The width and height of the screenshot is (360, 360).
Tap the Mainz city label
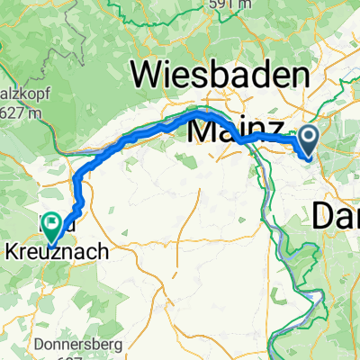pyautogui.click(x=237, y=131)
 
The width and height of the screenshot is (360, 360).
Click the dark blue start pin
pyautogui.click(x=309, y=139)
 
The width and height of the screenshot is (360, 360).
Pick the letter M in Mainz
pyautogui.click(x=202, y=131)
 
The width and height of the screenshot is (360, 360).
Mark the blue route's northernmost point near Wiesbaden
pyautogui.click(x=202, y=113)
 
